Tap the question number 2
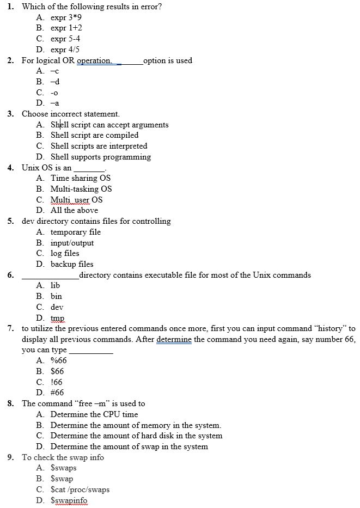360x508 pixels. click(x=11, y=60)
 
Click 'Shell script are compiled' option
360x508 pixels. click(x=94, y=135)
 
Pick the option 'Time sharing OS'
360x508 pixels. click(x=81, y=178)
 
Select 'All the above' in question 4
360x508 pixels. click(x=74, y=210)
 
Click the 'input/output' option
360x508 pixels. click(x=72, y=243)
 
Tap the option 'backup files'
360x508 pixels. click(x=72, y=264)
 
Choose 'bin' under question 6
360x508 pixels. click(x=56, y=296)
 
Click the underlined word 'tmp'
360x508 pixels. click(x=57, y=318)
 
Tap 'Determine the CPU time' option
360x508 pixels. click(x=94, y=414)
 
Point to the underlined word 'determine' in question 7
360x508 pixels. click(x=174, y=339)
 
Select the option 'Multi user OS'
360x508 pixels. click(x=76, y=200)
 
